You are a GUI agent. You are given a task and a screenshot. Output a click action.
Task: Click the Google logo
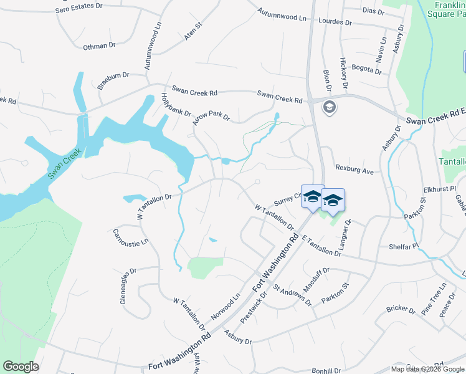tap(20, 367)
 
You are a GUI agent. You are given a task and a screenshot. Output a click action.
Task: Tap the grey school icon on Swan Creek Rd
tap(329, 108)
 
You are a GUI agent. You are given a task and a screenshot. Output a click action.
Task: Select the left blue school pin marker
tap(312, 197)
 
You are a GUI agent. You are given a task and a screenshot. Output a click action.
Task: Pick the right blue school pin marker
tap(333, 200)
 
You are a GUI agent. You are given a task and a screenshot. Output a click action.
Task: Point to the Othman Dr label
tap(100, 46)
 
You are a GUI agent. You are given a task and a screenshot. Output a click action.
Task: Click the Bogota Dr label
tap(367, 69)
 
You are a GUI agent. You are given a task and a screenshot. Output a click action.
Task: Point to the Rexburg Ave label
tap(354, 169)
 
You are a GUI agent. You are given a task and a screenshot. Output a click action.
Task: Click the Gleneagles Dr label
tap(128, 286)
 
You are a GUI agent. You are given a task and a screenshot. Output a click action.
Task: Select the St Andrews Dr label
tap(292, 295)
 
